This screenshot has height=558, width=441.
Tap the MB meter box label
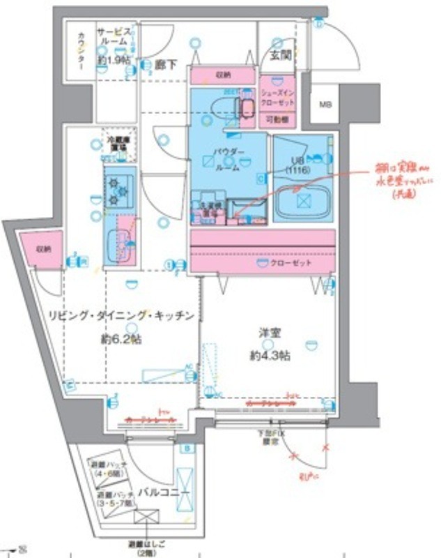click(326, 105)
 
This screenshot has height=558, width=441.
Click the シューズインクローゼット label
click(278, 97)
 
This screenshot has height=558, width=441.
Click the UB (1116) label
click(300, 165)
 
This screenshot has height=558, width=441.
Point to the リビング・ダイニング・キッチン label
click(120, 316)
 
